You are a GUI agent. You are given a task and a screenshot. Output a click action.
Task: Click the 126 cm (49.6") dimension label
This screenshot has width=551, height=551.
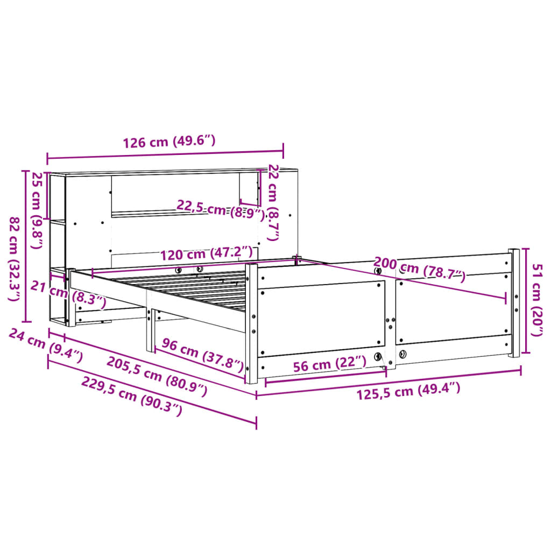point(169,142)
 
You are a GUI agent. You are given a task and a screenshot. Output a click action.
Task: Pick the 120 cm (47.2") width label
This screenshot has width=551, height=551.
point(206,253)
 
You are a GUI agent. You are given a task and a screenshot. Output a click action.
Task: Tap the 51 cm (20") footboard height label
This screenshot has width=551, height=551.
point(536,300)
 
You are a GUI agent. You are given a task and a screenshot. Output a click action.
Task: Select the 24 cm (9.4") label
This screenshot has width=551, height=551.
point(46,345)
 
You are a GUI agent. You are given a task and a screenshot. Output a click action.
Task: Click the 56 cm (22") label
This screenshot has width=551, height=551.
point(330,364)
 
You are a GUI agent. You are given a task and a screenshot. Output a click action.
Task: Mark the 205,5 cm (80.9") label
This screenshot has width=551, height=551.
point(157,376)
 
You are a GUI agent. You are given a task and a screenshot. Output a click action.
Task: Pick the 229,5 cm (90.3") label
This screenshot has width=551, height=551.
point(132,396)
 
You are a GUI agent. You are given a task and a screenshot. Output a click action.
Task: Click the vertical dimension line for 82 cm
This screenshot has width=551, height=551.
point(25,246)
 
